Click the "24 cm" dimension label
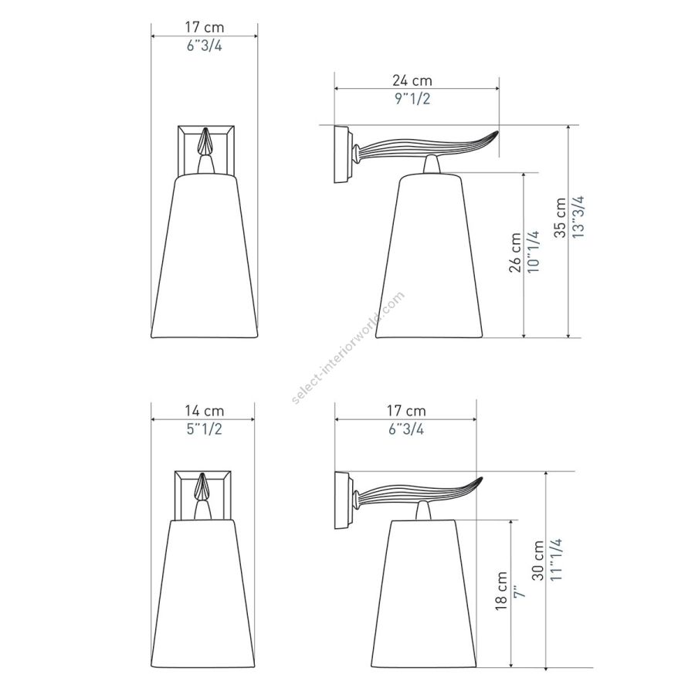[x=412, y=80]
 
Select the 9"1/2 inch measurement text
[x=412, y=98]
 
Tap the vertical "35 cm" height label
[x=561, y=218]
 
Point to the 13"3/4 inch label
[x=578, y=217]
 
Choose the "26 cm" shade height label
[x=515, y=253]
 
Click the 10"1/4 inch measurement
[x=533, y=251]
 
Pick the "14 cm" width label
[x=205, y=411]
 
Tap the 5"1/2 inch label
[x=204, y=429]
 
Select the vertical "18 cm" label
[x=501, y=592]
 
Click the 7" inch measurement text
[x=519, y=592]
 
